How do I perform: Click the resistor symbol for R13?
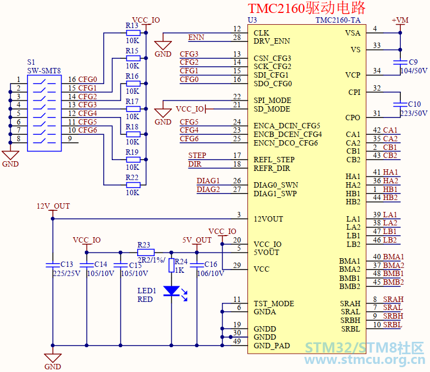pos(133,33)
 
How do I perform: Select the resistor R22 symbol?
pos(133,185)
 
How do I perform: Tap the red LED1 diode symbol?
pos(171,291)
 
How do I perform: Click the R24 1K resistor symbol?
pos(171,265)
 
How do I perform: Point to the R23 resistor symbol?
pos(146,252)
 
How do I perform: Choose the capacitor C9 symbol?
pos(400,63)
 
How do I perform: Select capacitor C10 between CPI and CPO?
pos(400,104)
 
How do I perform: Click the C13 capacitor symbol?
pos(52,265)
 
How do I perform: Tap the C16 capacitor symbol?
pos(197,265)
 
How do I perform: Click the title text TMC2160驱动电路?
pos(307,8)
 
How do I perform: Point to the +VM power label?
pos(400,20)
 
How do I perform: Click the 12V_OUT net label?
pos(53,206)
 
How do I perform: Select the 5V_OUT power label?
pos(197,240)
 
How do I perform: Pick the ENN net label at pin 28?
pos(196,37)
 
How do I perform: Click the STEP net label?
pos(197,155)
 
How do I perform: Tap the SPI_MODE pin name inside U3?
pos(272,100)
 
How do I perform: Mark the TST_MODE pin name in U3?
pos(274,304)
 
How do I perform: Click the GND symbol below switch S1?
pos(10,155)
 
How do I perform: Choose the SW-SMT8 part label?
pos(44,71)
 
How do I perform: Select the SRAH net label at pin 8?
pos(393,299)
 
